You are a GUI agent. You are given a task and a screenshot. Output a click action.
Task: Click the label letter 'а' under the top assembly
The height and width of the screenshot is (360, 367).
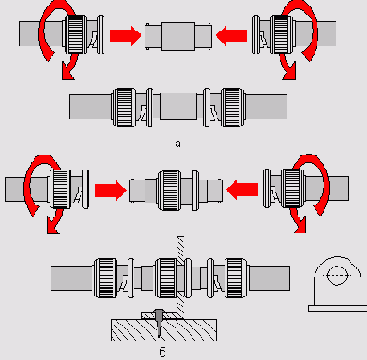(x=177, y=143)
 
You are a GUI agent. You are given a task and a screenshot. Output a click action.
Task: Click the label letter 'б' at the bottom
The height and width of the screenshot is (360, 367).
(x=163, y=352)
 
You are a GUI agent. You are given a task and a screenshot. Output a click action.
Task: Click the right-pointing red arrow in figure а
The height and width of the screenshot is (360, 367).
(x=125, y=36)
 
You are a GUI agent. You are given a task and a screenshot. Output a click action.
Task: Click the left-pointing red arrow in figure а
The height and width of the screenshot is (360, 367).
(x=232, y=36)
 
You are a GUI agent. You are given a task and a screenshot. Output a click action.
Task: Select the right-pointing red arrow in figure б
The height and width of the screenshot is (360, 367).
(x=111, y=191)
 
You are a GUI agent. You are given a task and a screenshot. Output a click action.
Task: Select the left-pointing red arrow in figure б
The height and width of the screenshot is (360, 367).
(x=242, y=190)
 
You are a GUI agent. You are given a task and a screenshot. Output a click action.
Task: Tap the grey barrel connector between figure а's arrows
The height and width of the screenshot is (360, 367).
(x=178, y=36)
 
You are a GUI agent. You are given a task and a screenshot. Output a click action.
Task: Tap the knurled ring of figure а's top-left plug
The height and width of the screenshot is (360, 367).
(x=76, y=34)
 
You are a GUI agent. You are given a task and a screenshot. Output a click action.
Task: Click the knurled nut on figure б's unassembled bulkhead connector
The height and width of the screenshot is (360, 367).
(x=169, y=191)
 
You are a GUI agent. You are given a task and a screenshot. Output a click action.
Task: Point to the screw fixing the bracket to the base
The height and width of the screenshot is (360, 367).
(x=159, y=322)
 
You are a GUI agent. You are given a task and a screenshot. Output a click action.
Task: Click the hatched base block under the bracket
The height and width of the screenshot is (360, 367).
(x=164, y=330)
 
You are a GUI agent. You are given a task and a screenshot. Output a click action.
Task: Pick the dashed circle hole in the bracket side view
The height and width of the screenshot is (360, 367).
(x=336, y=275)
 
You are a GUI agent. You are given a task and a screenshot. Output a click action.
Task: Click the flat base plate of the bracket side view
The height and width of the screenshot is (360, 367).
(x=337, y=309)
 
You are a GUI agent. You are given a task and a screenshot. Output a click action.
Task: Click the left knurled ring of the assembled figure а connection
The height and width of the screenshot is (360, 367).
(x=124, y=107)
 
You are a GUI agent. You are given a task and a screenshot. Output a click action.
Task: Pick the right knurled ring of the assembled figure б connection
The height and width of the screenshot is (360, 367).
(x=236, y=279)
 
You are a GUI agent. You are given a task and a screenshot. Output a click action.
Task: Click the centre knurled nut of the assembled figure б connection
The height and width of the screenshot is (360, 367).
(x=165, y=279)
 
